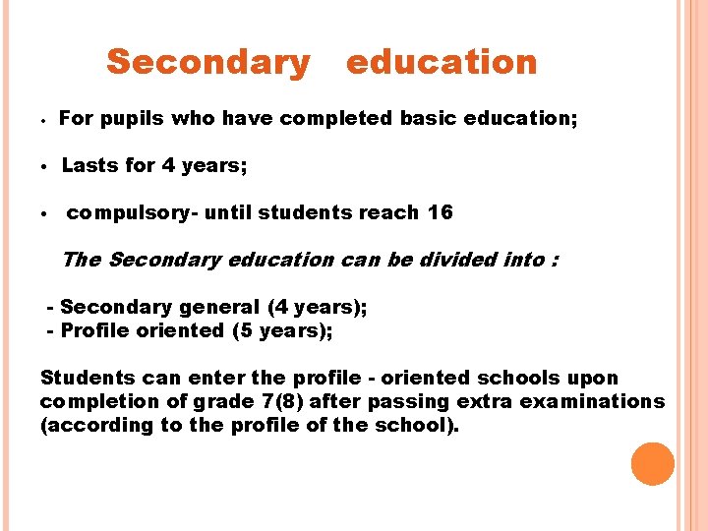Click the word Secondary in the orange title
click(x=207, y=63)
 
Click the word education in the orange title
click(x=442, y=63)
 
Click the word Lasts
click(x=90, y=165)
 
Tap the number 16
click(x=441, y=213)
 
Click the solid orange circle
click(x=653, y=464)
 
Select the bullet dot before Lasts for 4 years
click(x=45, y=166)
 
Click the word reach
click(x=392, y=213)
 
